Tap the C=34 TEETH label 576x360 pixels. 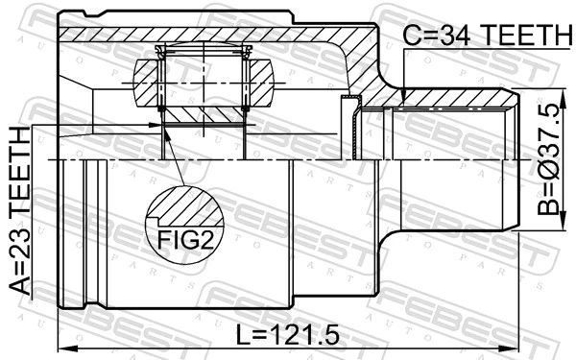tap(489, 35)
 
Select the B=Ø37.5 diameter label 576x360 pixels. tap(549, 158)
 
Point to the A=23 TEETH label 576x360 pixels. tap(20, 210)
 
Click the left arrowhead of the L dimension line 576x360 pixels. tap(64, 348)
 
